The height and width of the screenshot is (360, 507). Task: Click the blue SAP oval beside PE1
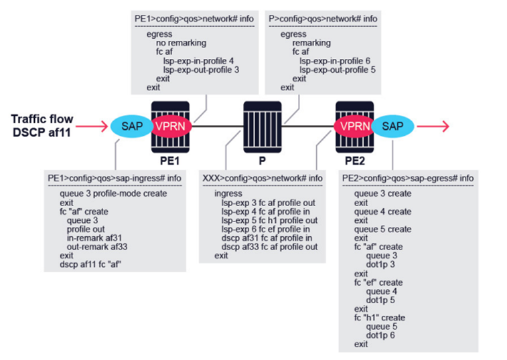point(131,126)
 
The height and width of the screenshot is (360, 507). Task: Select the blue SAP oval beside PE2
point(393,126)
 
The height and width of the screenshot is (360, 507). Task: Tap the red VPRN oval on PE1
point(171,126)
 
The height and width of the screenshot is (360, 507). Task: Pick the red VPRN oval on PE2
point(354,126)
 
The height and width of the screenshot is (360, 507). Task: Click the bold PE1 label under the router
point(169,161)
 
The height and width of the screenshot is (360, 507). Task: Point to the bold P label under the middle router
point(263,161)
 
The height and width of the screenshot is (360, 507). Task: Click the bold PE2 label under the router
point(355,161)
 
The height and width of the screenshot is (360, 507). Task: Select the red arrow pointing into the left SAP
point(92,126)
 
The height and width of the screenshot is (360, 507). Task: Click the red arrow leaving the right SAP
point(433,126)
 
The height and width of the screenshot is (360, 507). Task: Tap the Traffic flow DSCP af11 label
point(42,126)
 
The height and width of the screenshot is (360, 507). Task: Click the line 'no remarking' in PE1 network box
point(181,43)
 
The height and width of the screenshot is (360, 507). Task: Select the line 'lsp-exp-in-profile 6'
point(335,61)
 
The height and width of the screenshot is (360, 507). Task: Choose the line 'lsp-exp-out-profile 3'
point(201,70)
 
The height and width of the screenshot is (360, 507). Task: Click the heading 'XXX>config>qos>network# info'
point(263,179)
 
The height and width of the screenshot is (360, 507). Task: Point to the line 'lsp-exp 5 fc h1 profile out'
point(269,220)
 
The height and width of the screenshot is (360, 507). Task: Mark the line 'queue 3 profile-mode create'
point(113,193)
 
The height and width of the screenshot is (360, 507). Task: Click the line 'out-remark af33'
point(97,247)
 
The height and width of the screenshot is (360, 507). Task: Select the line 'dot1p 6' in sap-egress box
point(380,335)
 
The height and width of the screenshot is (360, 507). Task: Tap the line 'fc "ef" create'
point(378,282)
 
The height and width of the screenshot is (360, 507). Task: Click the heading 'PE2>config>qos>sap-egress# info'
point(408,179)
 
